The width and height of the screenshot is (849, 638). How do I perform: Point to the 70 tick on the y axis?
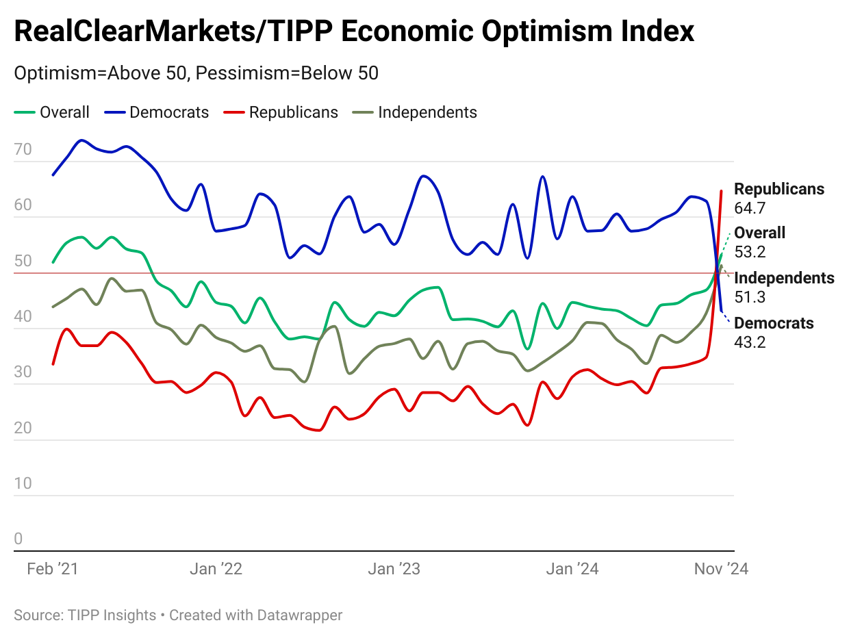click(x=23, y=149)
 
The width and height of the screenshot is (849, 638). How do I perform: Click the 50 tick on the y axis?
click(x=23, y=261)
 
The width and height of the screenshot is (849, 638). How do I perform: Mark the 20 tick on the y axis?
click(x=23, y=428)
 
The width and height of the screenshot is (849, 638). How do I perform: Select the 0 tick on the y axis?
click(x=18, y=539)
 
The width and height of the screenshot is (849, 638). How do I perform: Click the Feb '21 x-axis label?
click(x=53, y=569)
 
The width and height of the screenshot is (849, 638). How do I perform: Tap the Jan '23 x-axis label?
click(x=394, y=569)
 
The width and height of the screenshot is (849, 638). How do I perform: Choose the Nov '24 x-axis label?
click(x=721, y=569)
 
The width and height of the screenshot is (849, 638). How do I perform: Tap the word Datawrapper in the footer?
click(x=299, y=615)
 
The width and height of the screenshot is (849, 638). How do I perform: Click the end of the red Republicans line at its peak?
click(x=722, y=191)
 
